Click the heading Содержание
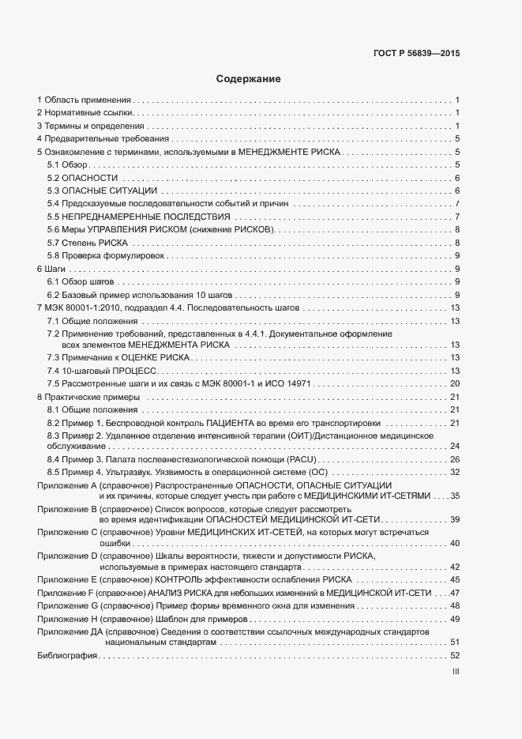(248, 80)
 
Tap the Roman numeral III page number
(456, 673)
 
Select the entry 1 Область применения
(83, 100)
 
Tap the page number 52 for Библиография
(454, 655)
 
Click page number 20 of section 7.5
(455, 383)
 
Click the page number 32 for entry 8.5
(455, 472)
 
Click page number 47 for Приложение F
(455, 593)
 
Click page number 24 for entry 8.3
(455, 447)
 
